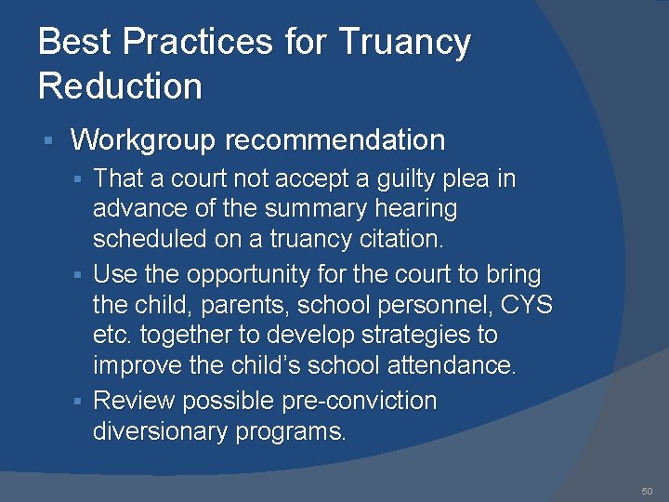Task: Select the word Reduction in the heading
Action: tap(120, 86)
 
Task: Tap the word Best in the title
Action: tap(74, 43)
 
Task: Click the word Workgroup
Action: tap(143, 140)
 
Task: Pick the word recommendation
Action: tap(334, 140)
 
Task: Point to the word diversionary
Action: tap(159, 431)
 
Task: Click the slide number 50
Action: tap(647, 490)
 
